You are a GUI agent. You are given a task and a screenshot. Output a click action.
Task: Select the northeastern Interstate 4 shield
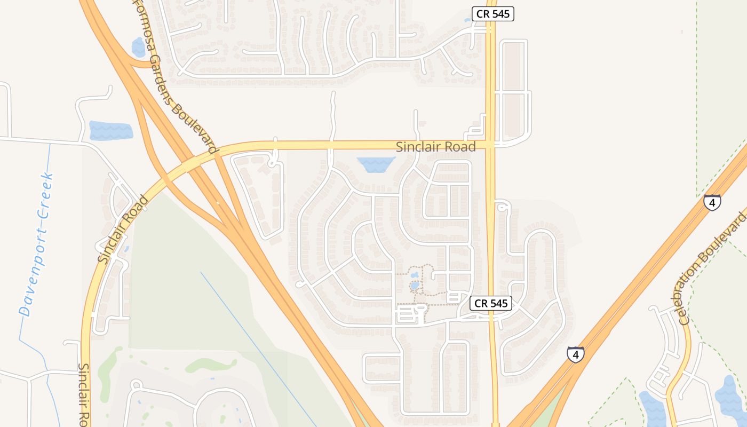click(x=712, y=202)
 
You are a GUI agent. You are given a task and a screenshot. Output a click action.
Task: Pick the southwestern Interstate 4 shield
click(x=575, y=354)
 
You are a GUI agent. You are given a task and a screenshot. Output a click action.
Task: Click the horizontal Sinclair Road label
click(x=435, y=147)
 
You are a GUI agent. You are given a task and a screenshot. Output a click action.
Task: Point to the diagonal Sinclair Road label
click(x=123, y=230)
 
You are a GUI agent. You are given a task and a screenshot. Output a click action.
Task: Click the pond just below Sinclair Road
click(x=376, y=164)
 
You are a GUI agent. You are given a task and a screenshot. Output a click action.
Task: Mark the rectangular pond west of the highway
click(x=110, y=131)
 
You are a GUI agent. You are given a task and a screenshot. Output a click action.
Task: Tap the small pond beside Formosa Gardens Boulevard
click(x=139, y=47)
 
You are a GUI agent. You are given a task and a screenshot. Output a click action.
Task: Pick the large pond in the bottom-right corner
click(x=732, y=398)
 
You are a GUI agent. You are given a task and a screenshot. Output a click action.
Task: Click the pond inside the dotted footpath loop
click(x=415, y=286)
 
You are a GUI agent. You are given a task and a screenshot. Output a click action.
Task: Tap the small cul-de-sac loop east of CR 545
click(x=501, y=208)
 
